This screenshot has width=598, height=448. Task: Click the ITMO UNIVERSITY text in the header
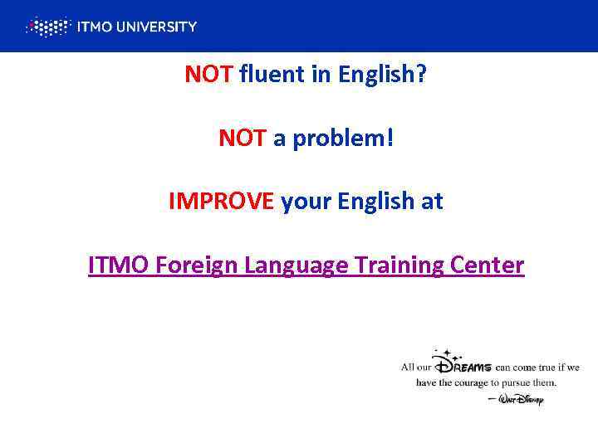[x=136, y=27]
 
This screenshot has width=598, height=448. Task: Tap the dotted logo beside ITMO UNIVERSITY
[x=48, y=27]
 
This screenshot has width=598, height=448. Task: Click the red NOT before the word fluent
[x=209, y=75]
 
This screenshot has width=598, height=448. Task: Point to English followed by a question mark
[x=383, y=75]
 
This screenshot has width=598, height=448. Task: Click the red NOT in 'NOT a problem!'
[x=243, y=138]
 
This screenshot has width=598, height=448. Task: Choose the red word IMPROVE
[x=221, y=202]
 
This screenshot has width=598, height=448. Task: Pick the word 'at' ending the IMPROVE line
[x=434, y=202]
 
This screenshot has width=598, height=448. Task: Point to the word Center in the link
[x=490, y=265]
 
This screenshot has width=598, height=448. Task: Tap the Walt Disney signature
[x=520, y=399]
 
